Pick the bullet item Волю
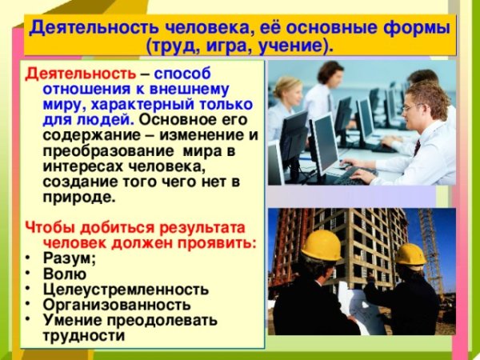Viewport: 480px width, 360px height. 61,274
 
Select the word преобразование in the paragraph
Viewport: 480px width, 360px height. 102,150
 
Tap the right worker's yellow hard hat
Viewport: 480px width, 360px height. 410,254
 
